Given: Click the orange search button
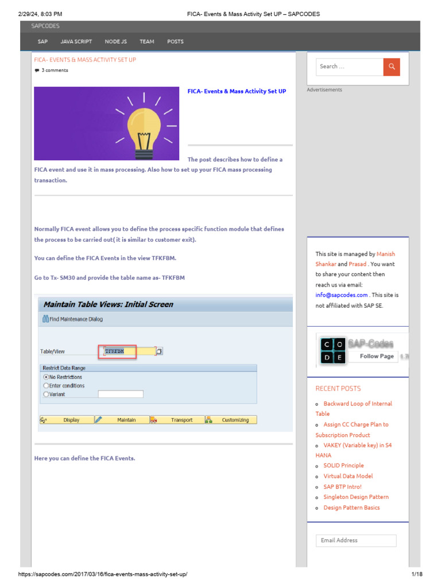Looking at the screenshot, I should tap(392, 67).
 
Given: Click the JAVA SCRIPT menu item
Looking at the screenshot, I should tap(76, 41).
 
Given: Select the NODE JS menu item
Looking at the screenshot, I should tap(116, 41).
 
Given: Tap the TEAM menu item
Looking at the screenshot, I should tap(147, 41).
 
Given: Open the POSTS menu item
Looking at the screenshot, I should tap(175, 41).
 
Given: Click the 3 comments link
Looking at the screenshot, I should tap(55, 71).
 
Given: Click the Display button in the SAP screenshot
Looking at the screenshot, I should tap(71, 420).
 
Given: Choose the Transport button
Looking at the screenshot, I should tap(181, 420).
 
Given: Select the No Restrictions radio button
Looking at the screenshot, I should tap(47, 377).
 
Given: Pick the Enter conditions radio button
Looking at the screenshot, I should tap(47, 386).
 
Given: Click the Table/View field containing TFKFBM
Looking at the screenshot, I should tap(127, 351).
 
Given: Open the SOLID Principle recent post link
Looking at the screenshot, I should tap(343, 466).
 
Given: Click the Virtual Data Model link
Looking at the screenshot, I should tap(348, 476).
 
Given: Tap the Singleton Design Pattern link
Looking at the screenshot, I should tap(356, 497).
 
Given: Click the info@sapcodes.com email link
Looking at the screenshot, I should tap(341, 295).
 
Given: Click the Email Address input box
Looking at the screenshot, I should tap(356, 540).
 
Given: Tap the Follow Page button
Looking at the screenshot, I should tap(377, 356).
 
